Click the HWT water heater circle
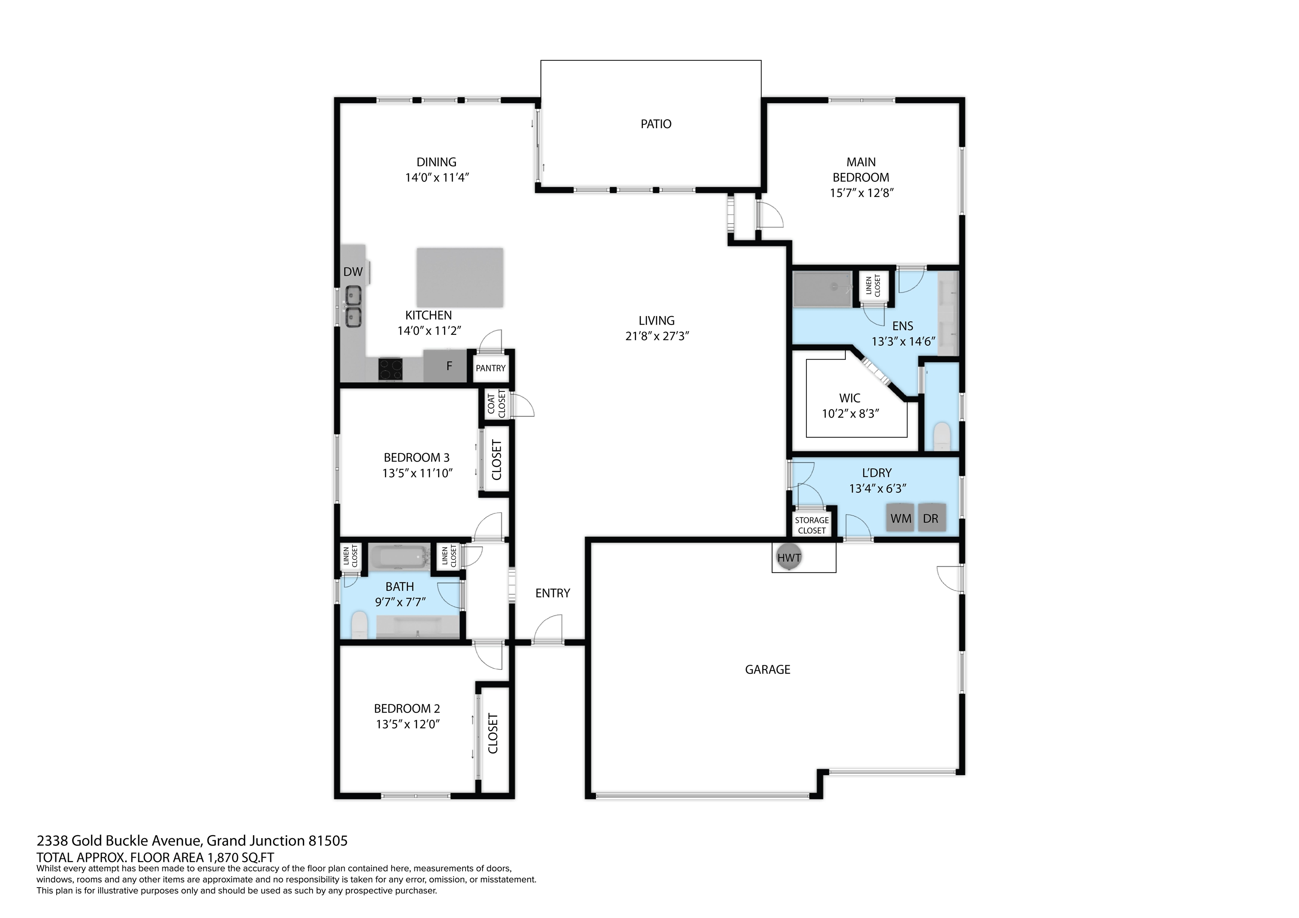tap(789, 558)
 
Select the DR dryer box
tap(931, 518)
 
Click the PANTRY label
tap(491, 368)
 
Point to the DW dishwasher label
tap(353, 271)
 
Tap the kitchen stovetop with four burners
tap(390, 369)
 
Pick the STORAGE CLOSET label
tap(812, 525)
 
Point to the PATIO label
tap(656, 124)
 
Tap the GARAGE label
tap(767, 670)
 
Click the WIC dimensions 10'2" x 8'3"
tap(850, 413)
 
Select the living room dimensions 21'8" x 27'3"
tap(656, 336)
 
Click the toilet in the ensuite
tap(941, 437)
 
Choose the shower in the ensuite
tap(822, 289)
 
